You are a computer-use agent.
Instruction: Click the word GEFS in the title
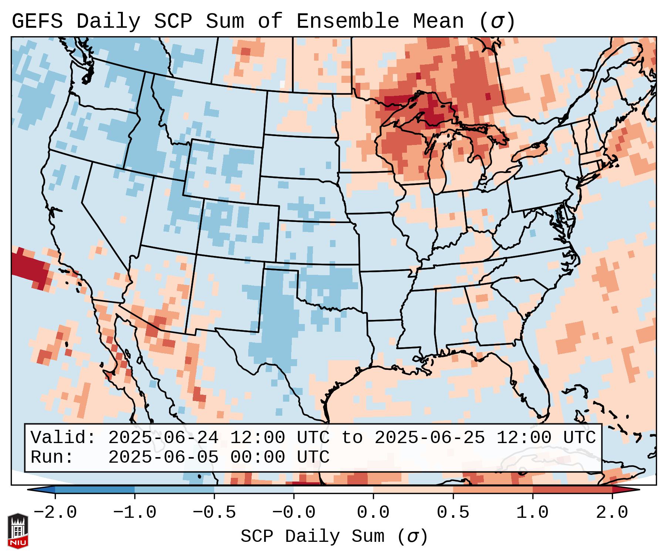37,21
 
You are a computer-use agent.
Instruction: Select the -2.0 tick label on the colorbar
55,513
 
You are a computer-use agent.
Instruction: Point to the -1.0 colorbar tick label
135,513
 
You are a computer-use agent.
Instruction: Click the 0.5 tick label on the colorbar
453,513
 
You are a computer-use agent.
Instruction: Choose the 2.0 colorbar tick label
612,513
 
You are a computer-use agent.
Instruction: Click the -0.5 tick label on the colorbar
214,513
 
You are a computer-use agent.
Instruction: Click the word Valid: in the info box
63,438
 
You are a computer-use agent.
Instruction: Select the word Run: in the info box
52,457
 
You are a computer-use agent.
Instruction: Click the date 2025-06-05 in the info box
163,457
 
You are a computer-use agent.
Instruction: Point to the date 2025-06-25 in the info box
429,438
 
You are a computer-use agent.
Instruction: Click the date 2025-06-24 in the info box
163,438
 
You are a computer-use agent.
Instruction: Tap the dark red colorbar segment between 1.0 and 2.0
572,490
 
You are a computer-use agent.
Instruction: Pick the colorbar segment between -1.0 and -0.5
174,490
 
